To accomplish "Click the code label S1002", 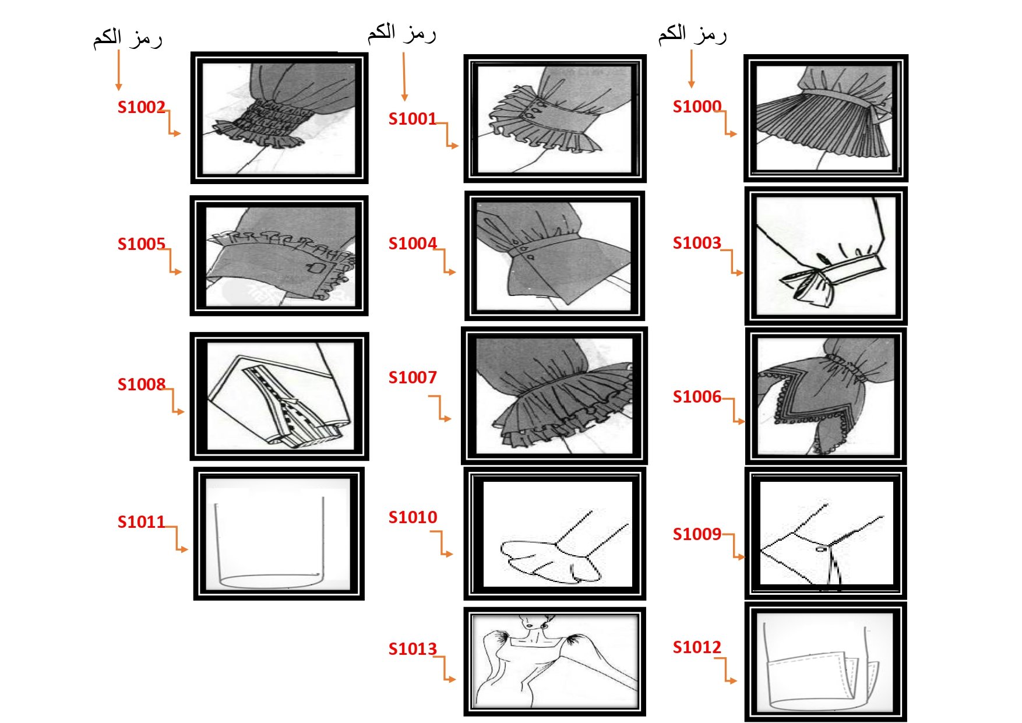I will pos(141,107).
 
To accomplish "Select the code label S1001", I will pos(413,119).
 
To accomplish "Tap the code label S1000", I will pos(697,107).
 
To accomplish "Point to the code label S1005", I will pos(141,244).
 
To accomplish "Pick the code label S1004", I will pos(413,244).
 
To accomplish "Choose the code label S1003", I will pos(697,243).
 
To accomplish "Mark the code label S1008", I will pos(141,385).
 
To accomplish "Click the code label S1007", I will pos(413,378).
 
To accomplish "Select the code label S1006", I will pos(697,397).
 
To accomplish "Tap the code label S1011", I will pos(141,522).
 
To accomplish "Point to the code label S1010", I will pos(413,517).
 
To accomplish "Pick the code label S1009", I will pos(697,534).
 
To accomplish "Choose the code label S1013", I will pos(413,649).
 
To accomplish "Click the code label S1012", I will pos(697,647).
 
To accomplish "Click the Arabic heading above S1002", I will pos(128,38).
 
